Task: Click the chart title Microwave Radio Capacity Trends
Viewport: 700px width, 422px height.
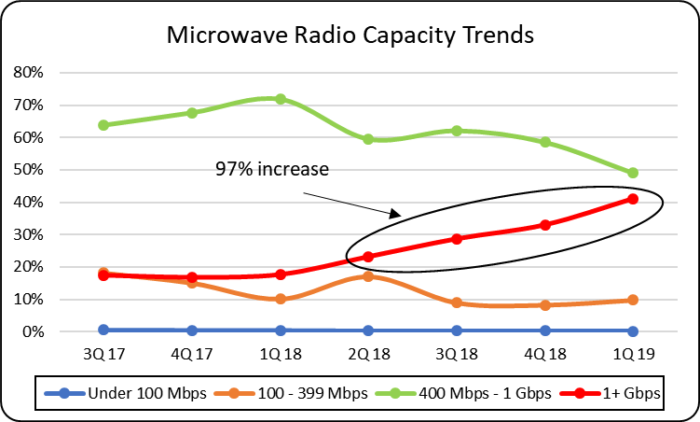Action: pyautogui.click(x=350, y=35)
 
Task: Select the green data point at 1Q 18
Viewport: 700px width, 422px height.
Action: pyautogui.click(x=280, y=99)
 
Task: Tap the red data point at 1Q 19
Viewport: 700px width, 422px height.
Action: pyautogui.click(x=633, y=198)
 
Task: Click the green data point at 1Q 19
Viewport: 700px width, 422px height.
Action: pyautogui.click(x=633, y=173)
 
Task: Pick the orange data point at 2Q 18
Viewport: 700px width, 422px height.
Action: pyautogui.click(x=368, y=276)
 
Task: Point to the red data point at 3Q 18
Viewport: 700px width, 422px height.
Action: pyautogui.click(x=457, y=238)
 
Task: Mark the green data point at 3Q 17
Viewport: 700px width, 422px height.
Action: pyautogui.click(x=103, y=124)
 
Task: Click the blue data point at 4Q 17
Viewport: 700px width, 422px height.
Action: pyautogui.click(x=191, y=331)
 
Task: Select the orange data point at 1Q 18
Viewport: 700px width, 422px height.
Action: pyautogui.click(x=280, y=299)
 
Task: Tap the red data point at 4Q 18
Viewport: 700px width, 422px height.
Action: pyautogui.click(x=545, y=225)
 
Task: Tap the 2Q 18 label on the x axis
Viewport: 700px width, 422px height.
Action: pyautogui.click(x=368, y=355)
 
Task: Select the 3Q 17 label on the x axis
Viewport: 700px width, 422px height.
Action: pyautogui.click(x=103, y=355)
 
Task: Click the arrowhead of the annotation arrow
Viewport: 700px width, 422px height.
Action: pyautogui.click(x=398, y=214)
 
